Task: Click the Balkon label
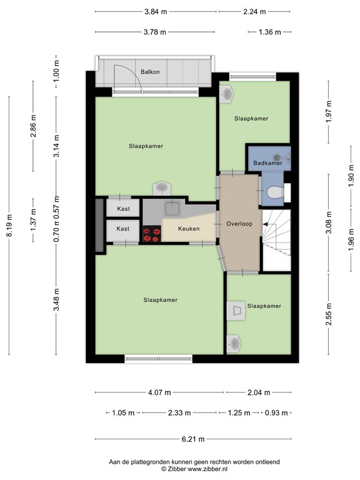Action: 150,72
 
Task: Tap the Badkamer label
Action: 267,163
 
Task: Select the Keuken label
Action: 188,229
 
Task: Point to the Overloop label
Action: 239,223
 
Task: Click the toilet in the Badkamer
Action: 274,194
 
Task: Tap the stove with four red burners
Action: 151,234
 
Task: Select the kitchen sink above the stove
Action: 172,209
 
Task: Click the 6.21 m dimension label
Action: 194,439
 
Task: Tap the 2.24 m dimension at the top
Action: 254,11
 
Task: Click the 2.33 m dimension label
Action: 179,413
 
